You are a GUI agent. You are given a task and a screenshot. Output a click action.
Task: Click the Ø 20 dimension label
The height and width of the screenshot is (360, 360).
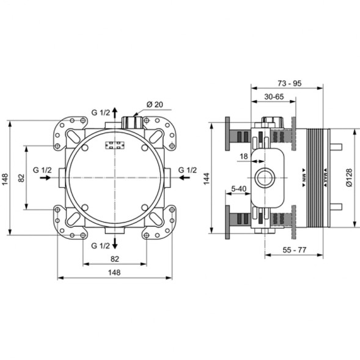pyautogui.click(x=154, y=105)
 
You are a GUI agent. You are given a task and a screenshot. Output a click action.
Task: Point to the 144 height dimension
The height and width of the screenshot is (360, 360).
pyautogui.click(x=207, y=178)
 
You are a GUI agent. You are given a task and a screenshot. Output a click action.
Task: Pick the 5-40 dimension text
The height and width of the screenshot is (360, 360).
pyautogui.click(x=238, y=189)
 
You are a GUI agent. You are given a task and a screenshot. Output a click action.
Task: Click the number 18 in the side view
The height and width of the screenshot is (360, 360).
pyautogui.click(x=243, y=157)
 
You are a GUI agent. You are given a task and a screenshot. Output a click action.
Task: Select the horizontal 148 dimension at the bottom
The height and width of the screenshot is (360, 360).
pyautogui.click(x=114, y=273)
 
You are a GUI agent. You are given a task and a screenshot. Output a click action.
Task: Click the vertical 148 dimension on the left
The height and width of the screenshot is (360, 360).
pyautogui.click(x=6, y=178)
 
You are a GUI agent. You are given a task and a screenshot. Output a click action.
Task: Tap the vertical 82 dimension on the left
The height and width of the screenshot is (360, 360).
pyautogui.click(x=20, y=177)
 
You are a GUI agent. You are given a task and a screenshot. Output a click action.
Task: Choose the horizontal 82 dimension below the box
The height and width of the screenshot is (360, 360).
pyautogui.click(x=114, y=259)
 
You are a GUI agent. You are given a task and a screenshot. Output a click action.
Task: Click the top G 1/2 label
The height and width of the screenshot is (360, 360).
pyautogui.click(x=101, y=112)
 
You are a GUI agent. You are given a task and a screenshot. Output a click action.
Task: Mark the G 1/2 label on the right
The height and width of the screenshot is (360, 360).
pyautogui.click(x=187, y=169)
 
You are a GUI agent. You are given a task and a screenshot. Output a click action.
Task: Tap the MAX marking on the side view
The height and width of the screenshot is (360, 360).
pyautogui.click(x=318, y=177)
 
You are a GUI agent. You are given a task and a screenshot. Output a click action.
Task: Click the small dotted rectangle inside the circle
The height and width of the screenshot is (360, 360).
pyautogui.click(x=114, y=146)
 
